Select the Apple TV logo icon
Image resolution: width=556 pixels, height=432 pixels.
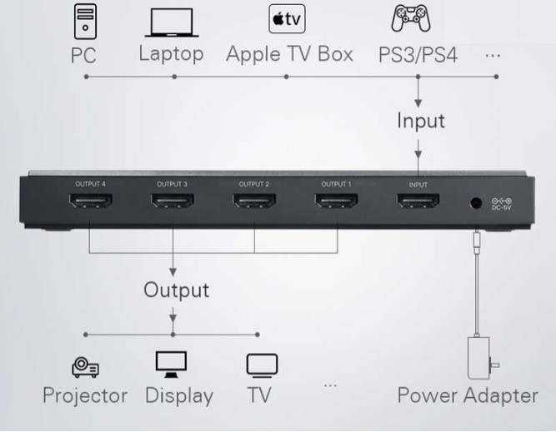(286, 18)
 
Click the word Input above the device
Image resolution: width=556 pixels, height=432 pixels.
(420, 121)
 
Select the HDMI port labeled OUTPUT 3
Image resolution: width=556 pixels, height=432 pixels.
(172, 203)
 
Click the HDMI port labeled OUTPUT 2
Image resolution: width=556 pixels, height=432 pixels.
(254, 203)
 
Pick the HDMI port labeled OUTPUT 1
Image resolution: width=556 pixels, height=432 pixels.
(336, 203)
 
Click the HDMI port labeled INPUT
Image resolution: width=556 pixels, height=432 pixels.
(418, 203)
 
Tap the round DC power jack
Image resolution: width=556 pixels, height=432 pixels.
(476, 202)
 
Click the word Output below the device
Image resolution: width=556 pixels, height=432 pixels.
(176, 290)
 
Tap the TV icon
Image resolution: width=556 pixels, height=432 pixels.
(261, 365)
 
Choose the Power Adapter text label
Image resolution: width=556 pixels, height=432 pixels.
(467, 395)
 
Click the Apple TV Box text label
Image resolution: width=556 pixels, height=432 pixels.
(289, 55)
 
